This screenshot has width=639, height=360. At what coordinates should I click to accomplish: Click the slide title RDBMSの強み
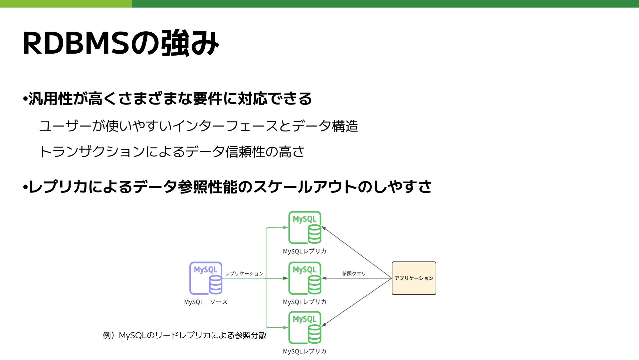click(x=120, y=43)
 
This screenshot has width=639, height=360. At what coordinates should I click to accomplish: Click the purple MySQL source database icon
click(x=206, y=278)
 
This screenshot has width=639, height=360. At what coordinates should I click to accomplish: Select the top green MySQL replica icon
click(x=305, y=227)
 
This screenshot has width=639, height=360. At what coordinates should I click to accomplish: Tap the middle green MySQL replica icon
click(x=305, y=278)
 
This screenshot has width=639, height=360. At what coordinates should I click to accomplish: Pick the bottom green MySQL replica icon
click(x=305, y=327)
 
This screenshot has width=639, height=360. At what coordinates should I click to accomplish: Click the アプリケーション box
click(x=414, y=278)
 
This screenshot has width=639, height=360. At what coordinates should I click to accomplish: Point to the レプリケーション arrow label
click(x=244, y=273)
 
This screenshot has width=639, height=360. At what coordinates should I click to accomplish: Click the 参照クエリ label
click(x=354, y=273)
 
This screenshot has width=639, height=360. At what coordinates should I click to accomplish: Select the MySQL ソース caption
click(x=206, y=302)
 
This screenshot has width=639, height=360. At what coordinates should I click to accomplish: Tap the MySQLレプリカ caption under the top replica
click(x=305, y=251)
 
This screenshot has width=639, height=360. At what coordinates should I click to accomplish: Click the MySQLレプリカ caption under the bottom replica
click(x=305, y=351)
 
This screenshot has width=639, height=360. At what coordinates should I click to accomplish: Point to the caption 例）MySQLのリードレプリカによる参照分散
click(x=185, y=335)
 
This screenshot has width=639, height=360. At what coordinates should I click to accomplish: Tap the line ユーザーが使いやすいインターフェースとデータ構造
click(x=198, y=126)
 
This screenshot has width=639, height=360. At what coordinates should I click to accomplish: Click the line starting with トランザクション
click(x=172, y=152)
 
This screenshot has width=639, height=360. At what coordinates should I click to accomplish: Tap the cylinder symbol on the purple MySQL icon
click(x=215, y=285)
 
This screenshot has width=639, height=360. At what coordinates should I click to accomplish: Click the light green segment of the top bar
click(x=66, y=4)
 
